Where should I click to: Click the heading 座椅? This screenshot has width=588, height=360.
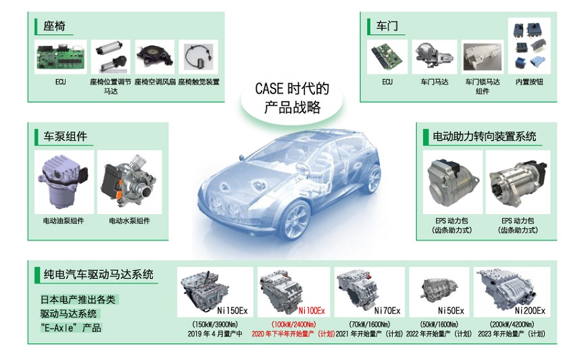pyautogui.click(x=54, y=26)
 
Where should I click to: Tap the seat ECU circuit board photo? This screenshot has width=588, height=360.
pyautogui.click(x=60, y=57)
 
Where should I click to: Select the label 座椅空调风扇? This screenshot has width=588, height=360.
pyautogui.click(x=155, y=82)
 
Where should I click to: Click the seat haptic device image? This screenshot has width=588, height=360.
pyautogui.click(x=199, y=57)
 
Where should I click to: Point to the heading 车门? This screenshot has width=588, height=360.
pyautogui.click(x=387, y=26)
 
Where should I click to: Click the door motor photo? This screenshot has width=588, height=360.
pyautogui.click(x=434, y=57)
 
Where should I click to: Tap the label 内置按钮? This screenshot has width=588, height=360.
pyautogui.click(x=529, y=82)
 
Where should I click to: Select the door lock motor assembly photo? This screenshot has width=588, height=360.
pyautogui.click(x=483, y=57)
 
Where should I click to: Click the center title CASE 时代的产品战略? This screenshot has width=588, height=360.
pyautogui.click(x=292, y=98)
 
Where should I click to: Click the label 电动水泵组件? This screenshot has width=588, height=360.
pyautogui.click(x=129, y=221)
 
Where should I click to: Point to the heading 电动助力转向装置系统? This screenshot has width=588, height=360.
pyautogui.click(x=485, y=136)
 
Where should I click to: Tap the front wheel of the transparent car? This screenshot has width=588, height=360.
pyautogui.click(x=296, y=220)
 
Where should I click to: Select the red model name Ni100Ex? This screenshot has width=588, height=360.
pyautogui.click(x=312, y=311)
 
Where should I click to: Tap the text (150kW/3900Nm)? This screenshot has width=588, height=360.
pyautogui.click(x=215, y=324)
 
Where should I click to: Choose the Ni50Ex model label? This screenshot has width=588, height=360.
pyautogui.click(x=451, y=311)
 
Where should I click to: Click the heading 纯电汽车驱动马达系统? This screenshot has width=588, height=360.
pyautogui.click(x=98, y=275)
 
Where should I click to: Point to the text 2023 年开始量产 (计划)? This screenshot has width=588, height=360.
pyautogui.click(x=512, y=334)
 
